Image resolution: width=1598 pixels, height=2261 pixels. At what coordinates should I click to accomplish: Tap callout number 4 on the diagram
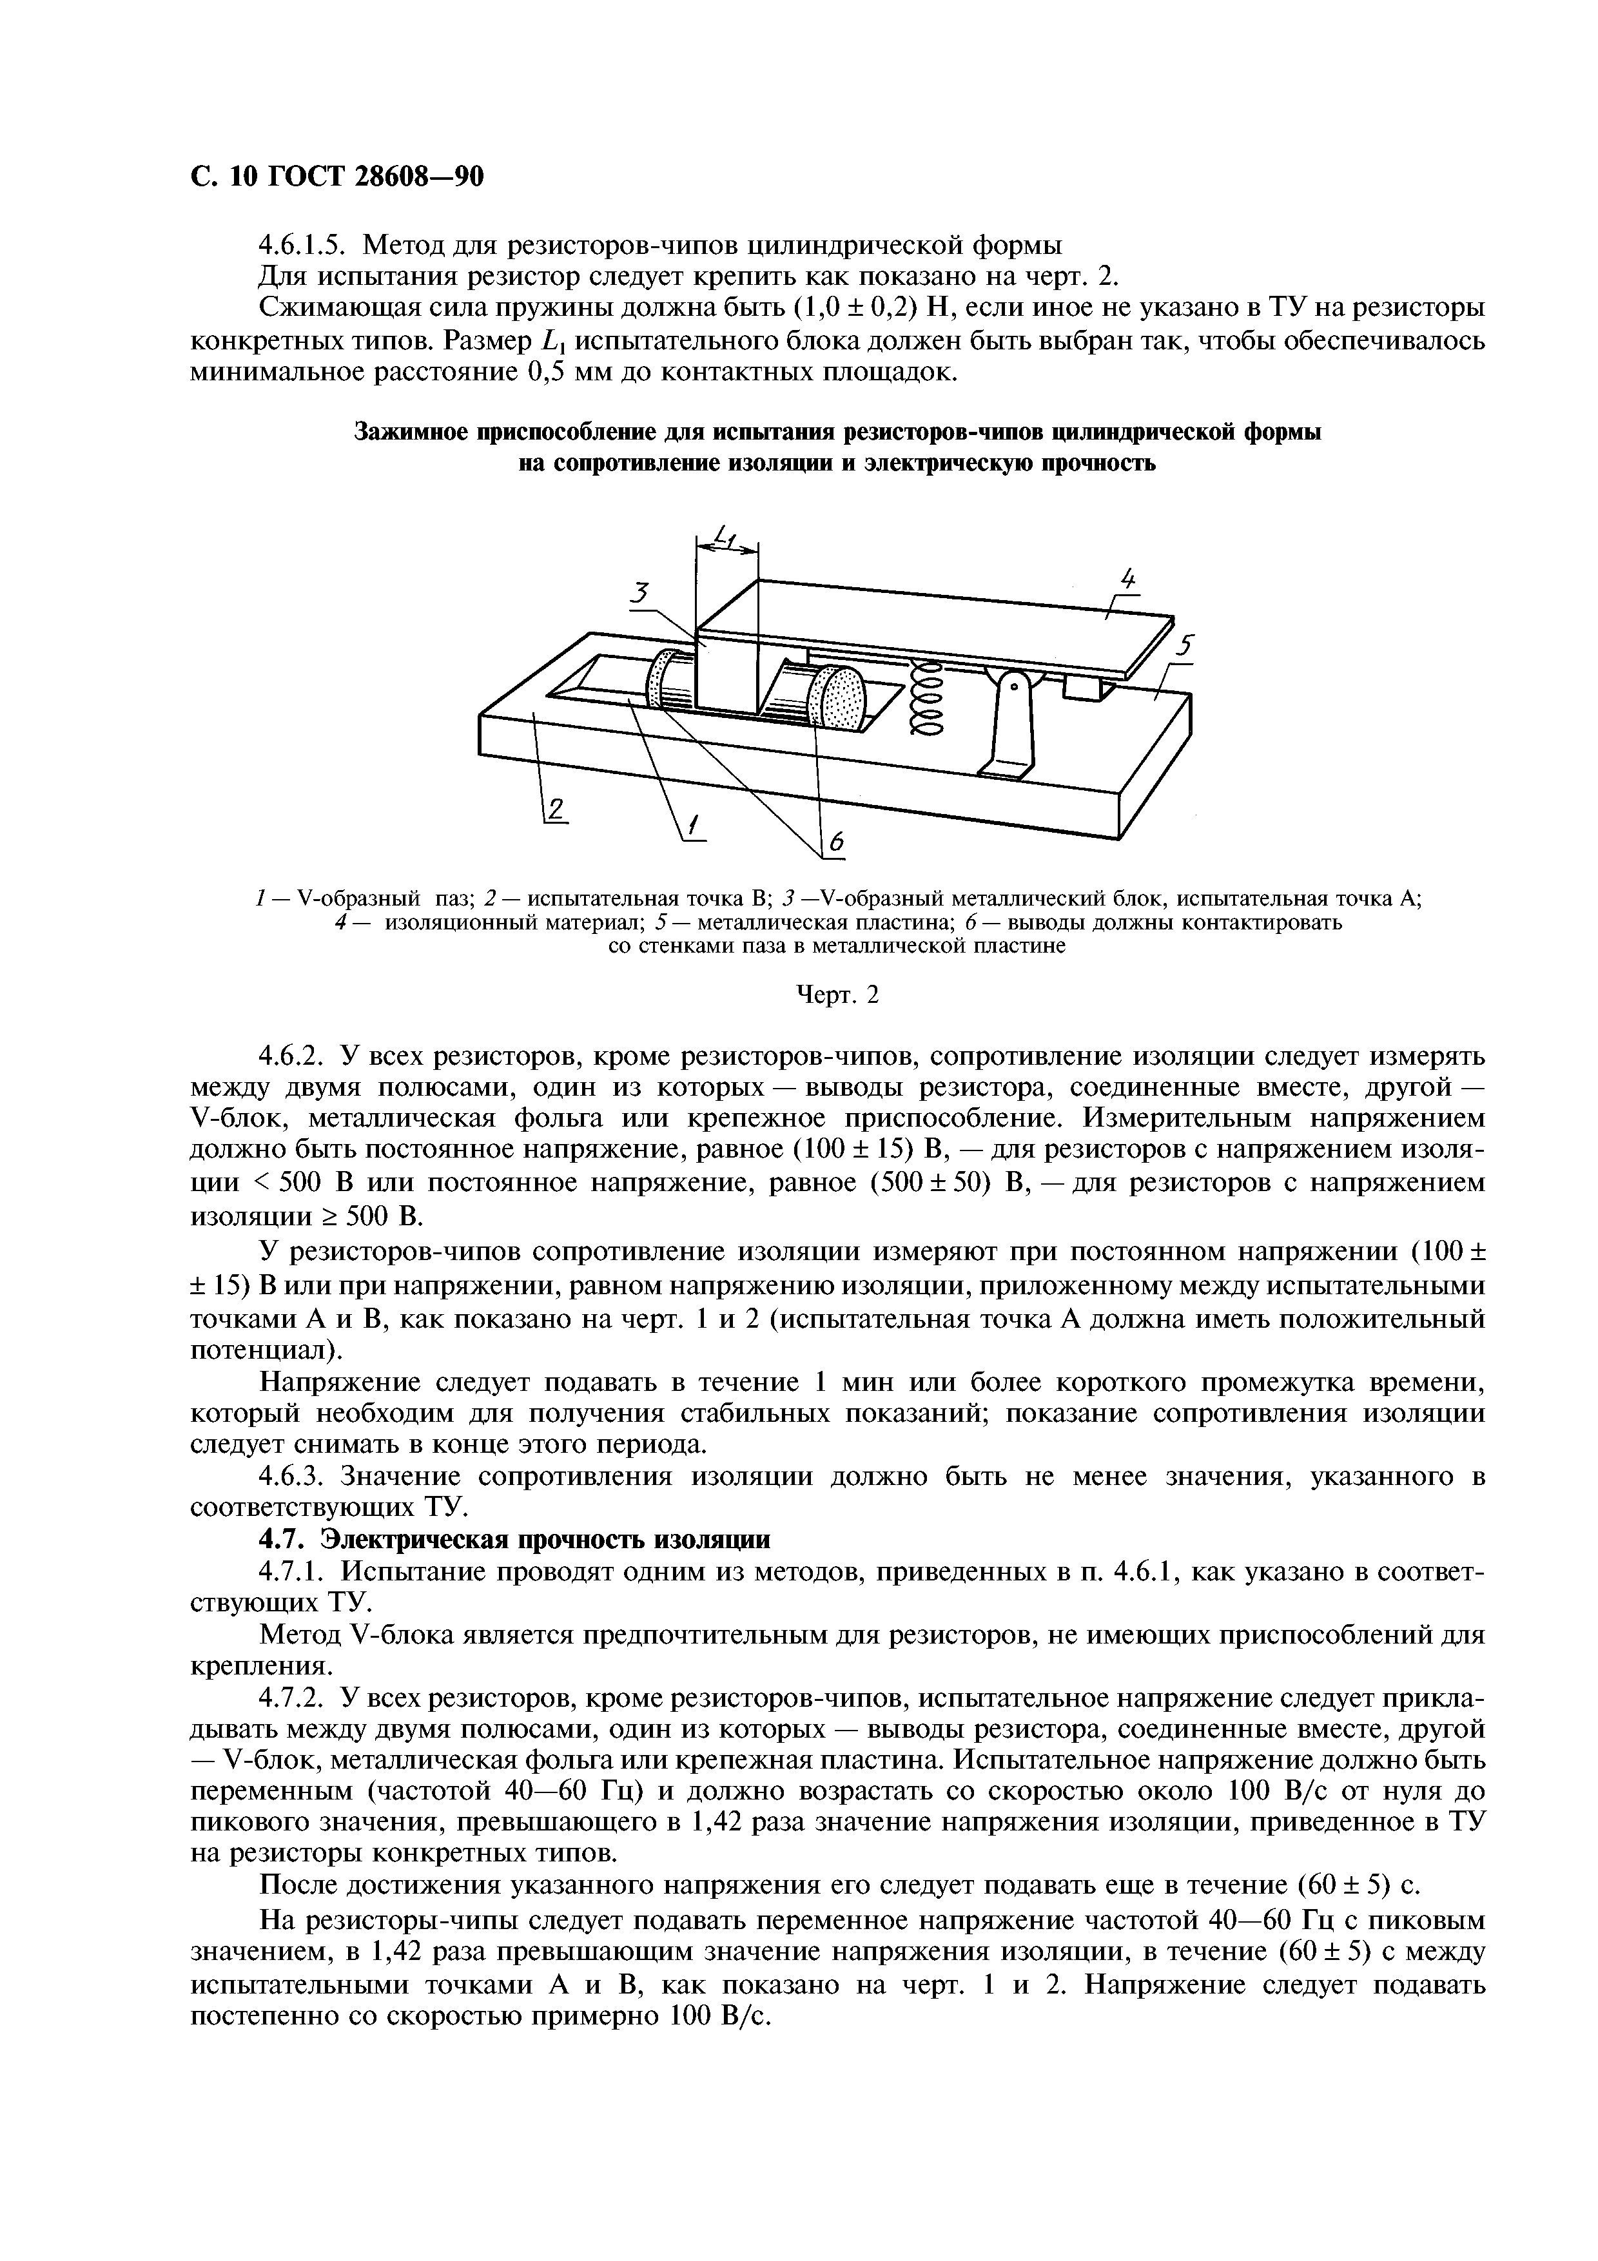pyautogui.click(x=1128, y=578)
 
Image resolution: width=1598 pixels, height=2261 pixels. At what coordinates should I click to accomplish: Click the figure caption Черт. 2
pyautogui.click(x=836, y=996)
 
